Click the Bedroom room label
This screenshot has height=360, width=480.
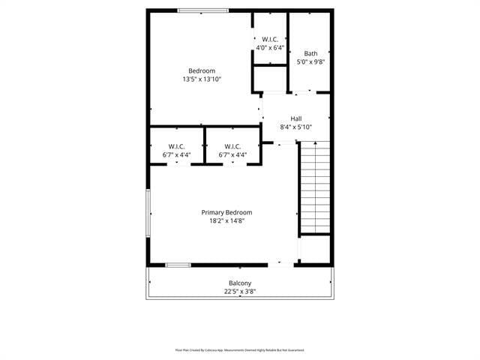pyautogui.click(x=201, y=70)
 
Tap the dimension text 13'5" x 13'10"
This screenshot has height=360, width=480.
pyautogui.click(x=201, y=79)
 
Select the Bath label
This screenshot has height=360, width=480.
pyautogui.click(x=310, y=53)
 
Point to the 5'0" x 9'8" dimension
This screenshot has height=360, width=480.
pyautogui.click(x=310, y=61)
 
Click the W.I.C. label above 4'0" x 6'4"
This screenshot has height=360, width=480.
pyautogui.click(x=270, y=39)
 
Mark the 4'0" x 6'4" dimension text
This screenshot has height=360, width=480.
pyautogui.click(x=270, y=47)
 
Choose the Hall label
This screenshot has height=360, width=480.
pyautogui.click(x=295, y=118)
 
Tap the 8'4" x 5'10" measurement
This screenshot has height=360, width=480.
pyautogui.click(x=295, y=127)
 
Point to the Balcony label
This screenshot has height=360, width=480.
pyautogui.click(x=240, y=283)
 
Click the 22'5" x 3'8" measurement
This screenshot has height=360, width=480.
pyautogui.click(x=240, y=291)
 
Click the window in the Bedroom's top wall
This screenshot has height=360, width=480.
pyautogui.click(x=202, y=10)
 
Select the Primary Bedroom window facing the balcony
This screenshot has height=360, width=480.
pyautogui.click(x=178, y=265)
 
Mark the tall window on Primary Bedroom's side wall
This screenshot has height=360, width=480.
pyautogui.click(x=148, y=212)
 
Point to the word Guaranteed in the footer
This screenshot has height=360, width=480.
pyautogui.click(x=294, y=349)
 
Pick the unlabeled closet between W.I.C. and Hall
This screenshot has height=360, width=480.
pyautogui.click(x=270, y=78)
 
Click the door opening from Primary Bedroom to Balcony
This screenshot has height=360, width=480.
pyautogui.click(x=281, y=264)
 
